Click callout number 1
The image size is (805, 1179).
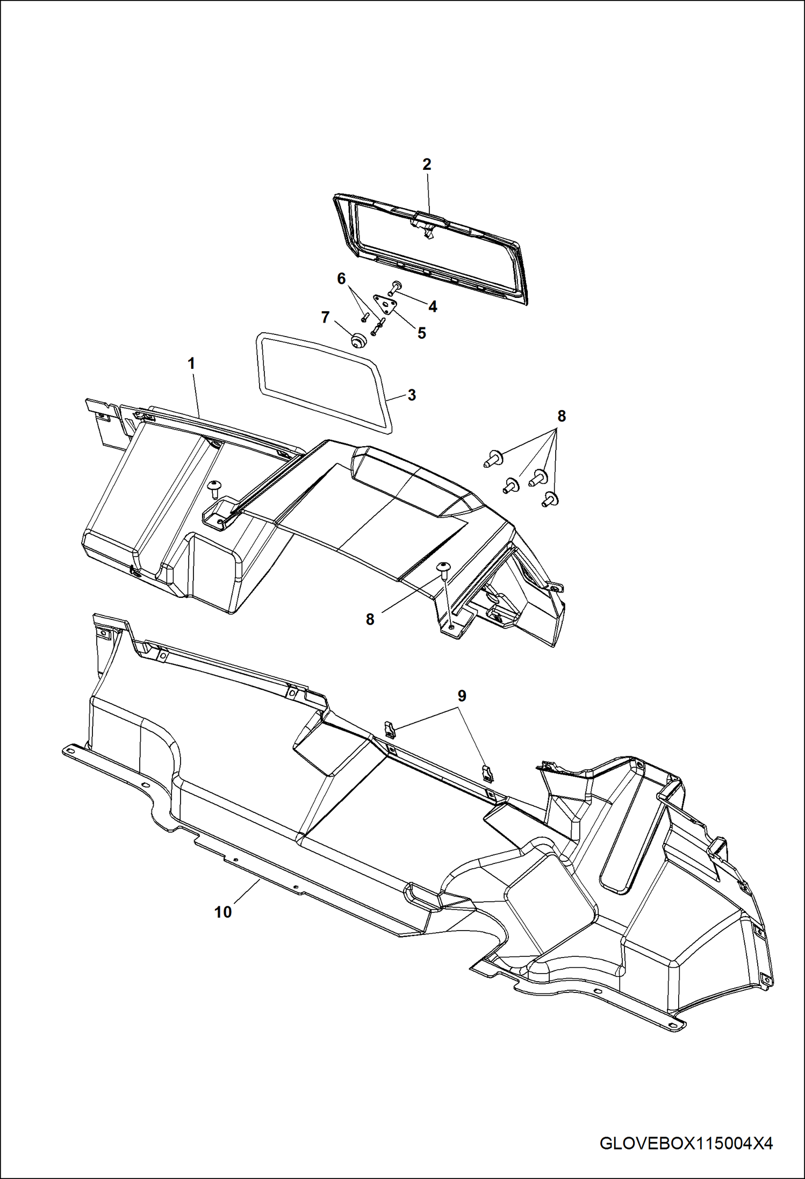[191, 363]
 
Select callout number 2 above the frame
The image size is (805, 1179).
[427, 165]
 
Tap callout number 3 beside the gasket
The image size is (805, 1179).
[412, 395]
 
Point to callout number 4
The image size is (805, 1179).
[433, 306]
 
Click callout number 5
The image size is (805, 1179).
[422, 333]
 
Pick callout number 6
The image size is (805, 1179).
[341, 278]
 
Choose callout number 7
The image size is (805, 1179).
[325, 318]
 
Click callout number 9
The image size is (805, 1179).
[462, 696]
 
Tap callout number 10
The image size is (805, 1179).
[223, 912]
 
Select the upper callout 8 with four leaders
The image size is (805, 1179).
[562, 416]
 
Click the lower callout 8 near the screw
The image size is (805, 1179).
[370, 619]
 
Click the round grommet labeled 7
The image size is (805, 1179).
[357, 340]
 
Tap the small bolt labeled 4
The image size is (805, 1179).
[397, 287]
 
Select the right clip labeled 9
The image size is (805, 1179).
[487, 773]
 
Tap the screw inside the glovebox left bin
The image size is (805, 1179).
[214, 487]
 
